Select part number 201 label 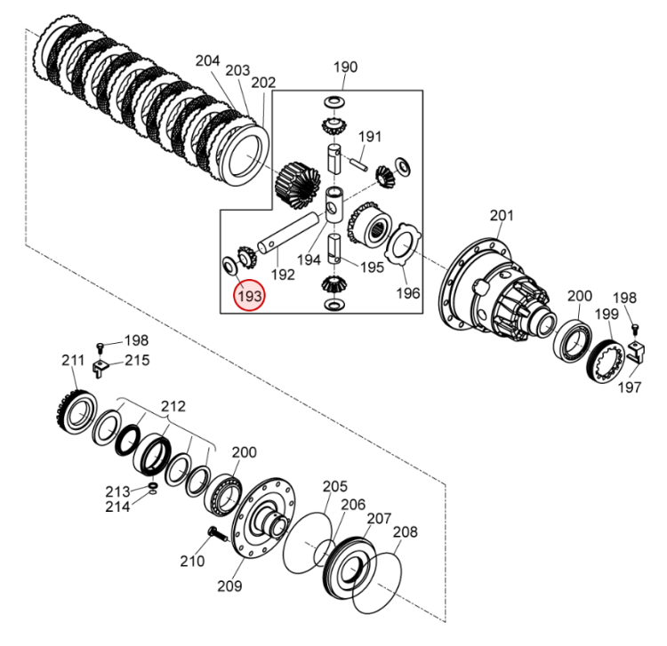tap(502, 216)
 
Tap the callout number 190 tap(345, 68)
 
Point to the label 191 tap(370, 137)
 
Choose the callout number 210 tap(192, 561)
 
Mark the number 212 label tap(174, 406)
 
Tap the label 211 tap(72, 360)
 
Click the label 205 tap(334, 486)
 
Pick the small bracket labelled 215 tap(102, 365)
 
